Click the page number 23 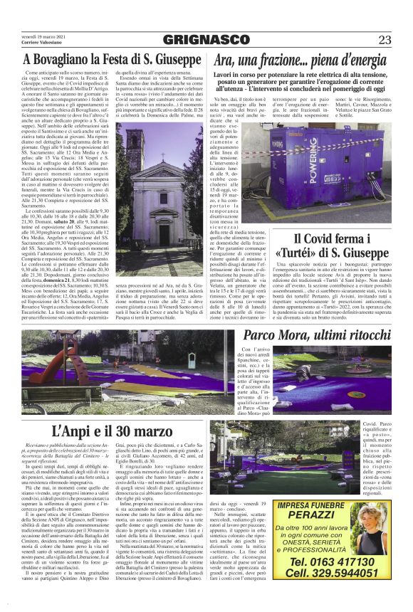(x=384, y=38)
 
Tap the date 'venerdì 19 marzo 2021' (x=43, y=35)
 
